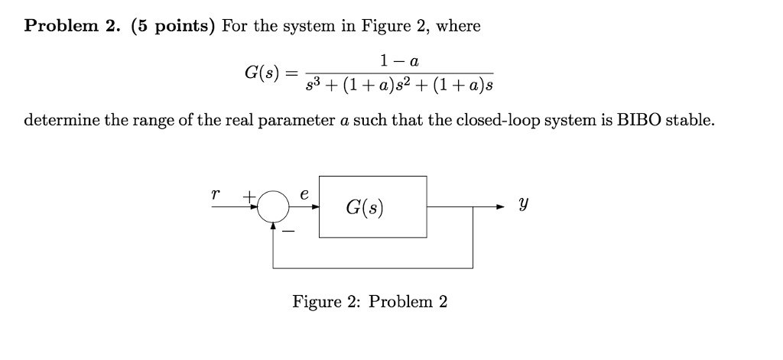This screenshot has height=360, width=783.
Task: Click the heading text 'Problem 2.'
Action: (x=73, y=26)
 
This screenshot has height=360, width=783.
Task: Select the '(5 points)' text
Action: (x=173, y=26)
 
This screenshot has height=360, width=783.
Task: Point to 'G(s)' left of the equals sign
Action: (x=260, y=74)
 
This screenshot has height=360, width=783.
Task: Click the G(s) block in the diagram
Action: (x=373, y=206)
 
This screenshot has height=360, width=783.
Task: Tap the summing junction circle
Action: (x=274, y=207)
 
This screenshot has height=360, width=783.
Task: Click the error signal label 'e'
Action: (x=304, y=194)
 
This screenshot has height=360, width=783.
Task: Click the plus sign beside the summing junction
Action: (x=249, y=196)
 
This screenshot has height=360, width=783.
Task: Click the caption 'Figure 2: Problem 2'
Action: (x=370, y=301)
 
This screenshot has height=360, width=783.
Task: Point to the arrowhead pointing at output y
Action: (x=500, y=207)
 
